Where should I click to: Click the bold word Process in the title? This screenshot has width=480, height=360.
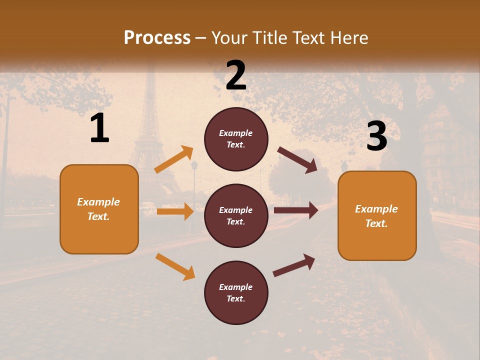click(x=157, y=38)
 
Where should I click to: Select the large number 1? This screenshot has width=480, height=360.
click(x=99, y=129)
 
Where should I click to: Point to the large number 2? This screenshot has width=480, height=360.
click(x=236, y=75)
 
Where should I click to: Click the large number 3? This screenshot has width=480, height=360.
click(x=376, y=136)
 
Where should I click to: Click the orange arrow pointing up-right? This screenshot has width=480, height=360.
click(x=173, y=159)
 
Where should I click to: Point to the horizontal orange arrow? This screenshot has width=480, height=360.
click(x=175, y=211)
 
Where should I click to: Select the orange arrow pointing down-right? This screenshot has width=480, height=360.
click(x=175, y=266)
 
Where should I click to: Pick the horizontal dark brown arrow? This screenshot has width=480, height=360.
click(x=296, y=210)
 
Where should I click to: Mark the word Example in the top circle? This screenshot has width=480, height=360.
click(x=236, y=133)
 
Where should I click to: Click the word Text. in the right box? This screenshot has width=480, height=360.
click(x=376, y=223)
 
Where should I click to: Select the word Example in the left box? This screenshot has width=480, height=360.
click(x=98, y=202)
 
